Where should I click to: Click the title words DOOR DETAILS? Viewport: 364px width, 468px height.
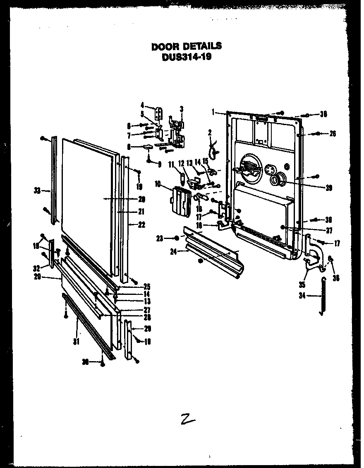186,46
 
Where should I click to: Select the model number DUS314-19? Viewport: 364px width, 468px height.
186,58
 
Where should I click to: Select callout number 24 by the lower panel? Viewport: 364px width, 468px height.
173,251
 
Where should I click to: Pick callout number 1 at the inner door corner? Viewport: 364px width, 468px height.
213,111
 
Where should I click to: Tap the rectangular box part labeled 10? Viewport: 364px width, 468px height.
181,201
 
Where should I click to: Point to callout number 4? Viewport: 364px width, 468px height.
143,105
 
